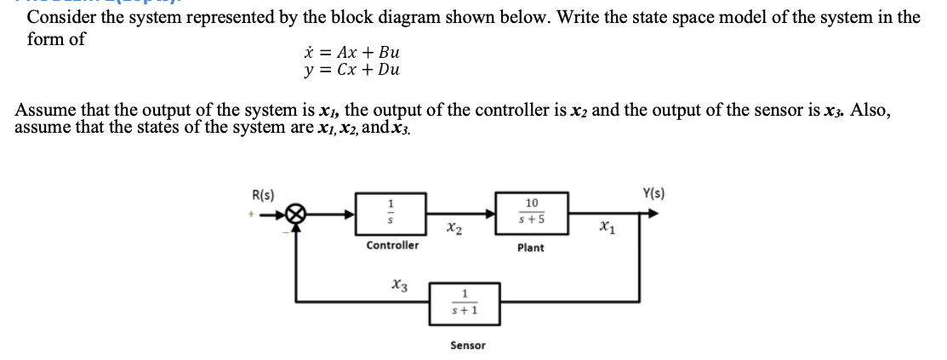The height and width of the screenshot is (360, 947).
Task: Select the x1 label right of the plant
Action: [x=607, y=226]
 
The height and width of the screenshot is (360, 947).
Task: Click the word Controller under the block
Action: [x=392, y=245]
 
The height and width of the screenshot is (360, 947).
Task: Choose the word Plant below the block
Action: [x=531, y=248]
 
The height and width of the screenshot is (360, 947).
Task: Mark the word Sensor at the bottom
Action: [x=467, y=345]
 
